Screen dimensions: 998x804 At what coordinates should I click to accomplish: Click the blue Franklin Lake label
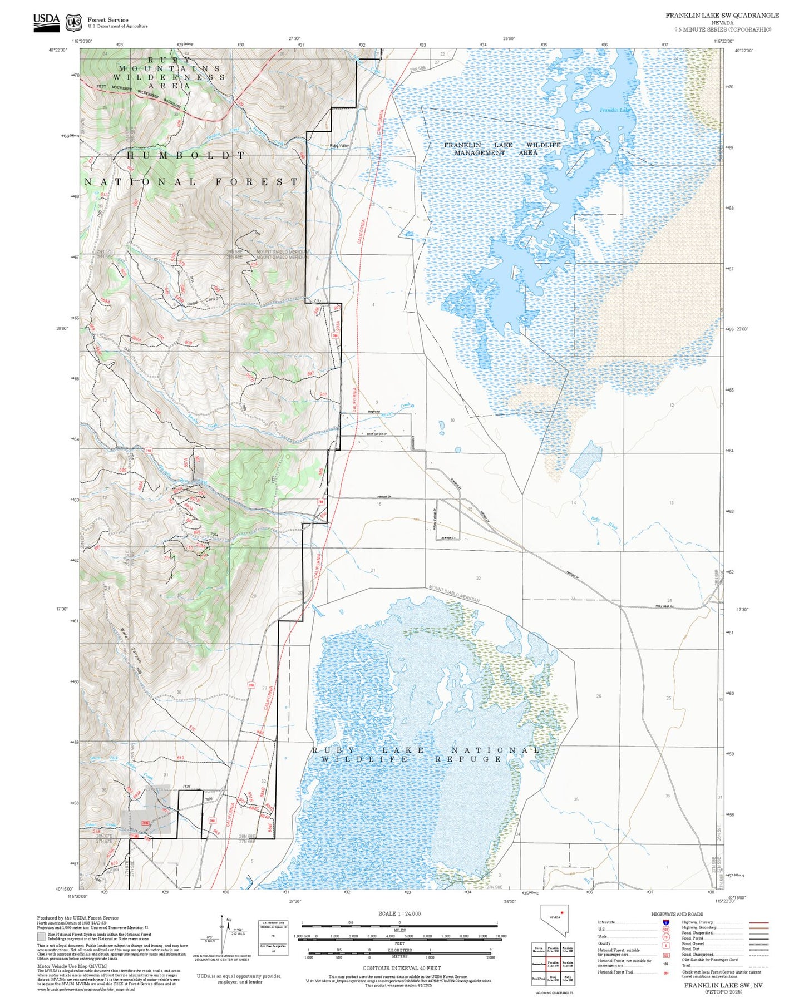615,110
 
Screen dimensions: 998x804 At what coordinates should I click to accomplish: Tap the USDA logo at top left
46,22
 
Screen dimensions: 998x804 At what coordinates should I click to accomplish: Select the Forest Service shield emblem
73,23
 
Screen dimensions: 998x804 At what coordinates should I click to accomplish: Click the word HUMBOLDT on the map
186,156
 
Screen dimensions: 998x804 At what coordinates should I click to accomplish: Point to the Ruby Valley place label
339,146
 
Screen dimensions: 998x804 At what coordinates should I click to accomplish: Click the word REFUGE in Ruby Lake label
469,759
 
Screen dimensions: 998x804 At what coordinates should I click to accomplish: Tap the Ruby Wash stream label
604,523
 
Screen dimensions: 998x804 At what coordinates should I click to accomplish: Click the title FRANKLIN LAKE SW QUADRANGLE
722,15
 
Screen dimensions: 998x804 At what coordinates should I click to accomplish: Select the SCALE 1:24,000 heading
399,913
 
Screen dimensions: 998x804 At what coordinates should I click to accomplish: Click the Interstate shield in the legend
667,922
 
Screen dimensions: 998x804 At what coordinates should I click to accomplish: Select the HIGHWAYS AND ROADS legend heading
677,914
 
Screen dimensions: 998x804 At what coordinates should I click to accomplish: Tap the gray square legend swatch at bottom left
41,937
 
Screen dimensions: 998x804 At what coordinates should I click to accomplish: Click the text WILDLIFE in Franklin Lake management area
544,145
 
